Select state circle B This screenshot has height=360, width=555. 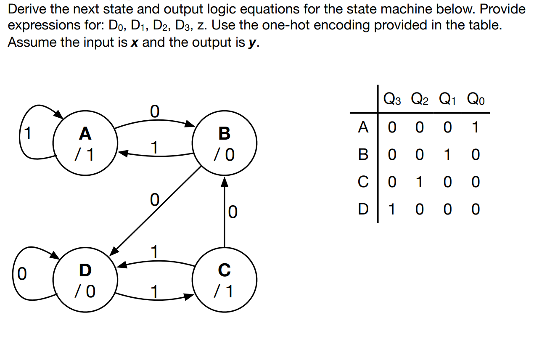(x=225, y=143)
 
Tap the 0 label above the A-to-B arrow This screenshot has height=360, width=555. (x=154, y=112)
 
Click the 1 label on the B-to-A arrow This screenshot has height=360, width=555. (x=154, y=147)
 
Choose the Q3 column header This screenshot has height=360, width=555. (x=392, y=100)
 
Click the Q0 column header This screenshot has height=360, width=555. (x=476, y=100)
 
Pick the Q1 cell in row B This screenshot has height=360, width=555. (x=448, y=155)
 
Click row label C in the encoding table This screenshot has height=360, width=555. (x=363, y=182)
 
